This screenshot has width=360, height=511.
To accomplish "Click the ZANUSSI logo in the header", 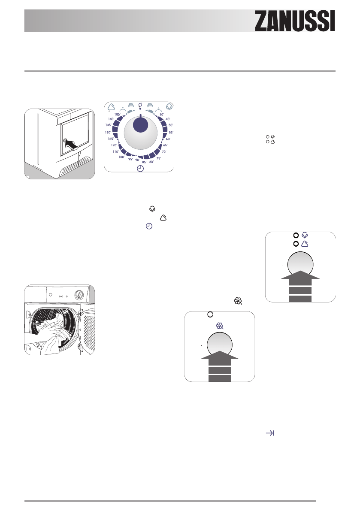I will click(295, 20).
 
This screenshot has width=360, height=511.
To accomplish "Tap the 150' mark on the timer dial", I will click(117, 115).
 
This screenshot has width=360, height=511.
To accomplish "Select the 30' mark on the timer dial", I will click(162, 115).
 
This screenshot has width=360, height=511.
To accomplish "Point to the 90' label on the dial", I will click(137, 160).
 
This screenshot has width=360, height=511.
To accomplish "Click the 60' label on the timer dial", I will click(168, 139).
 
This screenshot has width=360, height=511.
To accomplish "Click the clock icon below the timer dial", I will click(140, 169).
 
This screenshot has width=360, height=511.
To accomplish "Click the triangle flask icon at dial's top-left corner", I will click(111, 107).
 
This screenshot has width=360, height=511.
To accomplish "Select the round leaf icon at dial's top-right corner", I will click(170, 107).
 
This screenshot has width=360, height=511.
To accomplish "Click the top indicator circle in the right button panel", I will click(296, 236).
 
